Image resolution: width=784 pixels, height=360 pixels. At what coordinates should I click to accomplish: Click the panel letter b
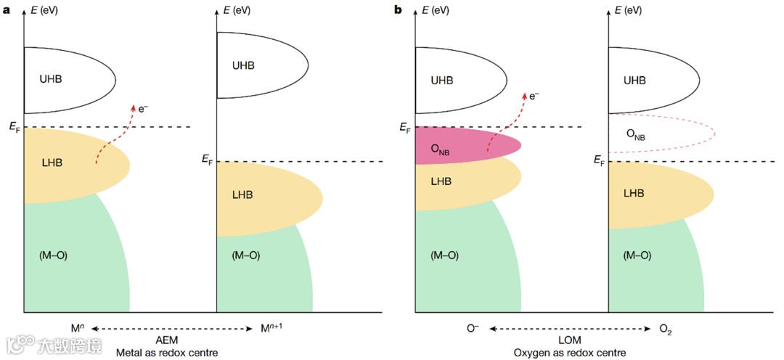click(x=398, y=9)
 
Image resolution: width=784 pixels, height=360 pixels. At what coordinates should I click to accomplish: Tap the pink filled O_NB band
click(x=465, y=145)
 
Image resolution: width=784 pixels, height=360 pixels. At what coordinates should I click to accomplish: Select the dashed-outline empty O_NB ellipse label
click(x=635, y=134)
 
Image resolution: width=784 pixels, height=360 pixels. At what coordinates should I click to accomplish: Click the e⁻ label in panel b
click(x=534, y=94)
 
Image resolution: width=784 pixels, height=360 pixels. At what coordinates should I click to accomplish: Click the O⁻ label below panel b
click(x=473, y=329)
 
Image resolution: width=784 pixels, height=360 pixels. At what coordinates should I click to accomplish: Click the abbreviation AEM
click(x=167, y=340)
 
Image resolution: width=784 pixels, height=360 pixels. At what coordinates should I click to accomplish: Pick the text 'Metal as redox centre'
click(x=167, y=352)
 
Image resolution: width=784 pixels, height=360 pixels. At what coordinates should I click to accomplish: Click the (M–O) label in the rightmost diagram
click(x=636, y=255)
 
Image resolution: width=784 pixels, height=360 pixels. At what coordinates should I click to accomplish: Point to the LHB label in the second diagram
click(x=242, y=194)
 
